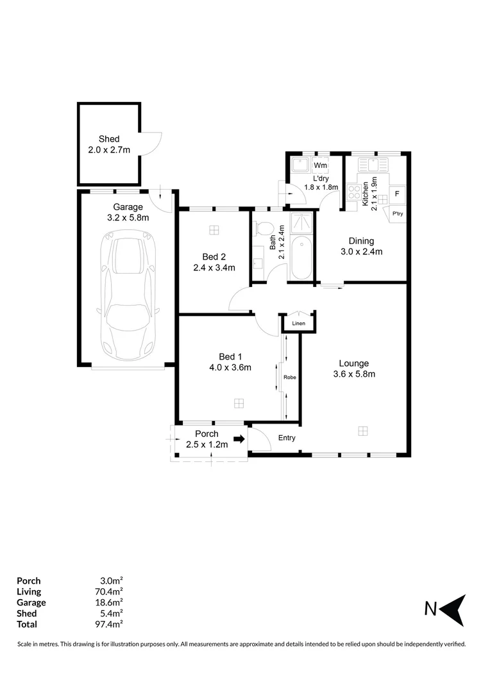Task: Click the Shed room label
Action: coord(109,139)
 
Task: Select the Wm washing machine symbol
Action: coord(320,165)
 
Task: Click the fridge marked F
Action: coord(397,194)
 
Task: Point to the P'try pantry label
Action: coord(398,213)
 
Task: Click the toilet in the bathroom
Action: coord(264,229)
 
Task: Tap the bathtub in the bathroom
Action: coord(302,258)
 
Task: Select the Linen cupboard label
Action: coord(299,324)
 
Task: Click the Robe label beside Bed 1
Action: coord(290,377)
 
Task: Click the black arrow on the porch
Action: coord(239,439)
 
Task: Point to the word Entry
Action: coord(287,438)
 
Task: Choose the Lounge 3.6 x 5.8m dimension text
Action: coord(355,374)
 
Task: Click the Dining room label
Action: coord(362,241)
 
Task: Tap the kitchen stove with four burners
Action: coord(354,192)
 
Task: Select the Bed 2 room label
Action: coord(214,257)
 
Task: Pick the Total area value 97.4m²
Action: coord(108,624)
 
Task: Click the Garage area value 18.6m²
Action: coord(108,602)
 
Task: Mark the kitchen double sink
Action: coord(373,165)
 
